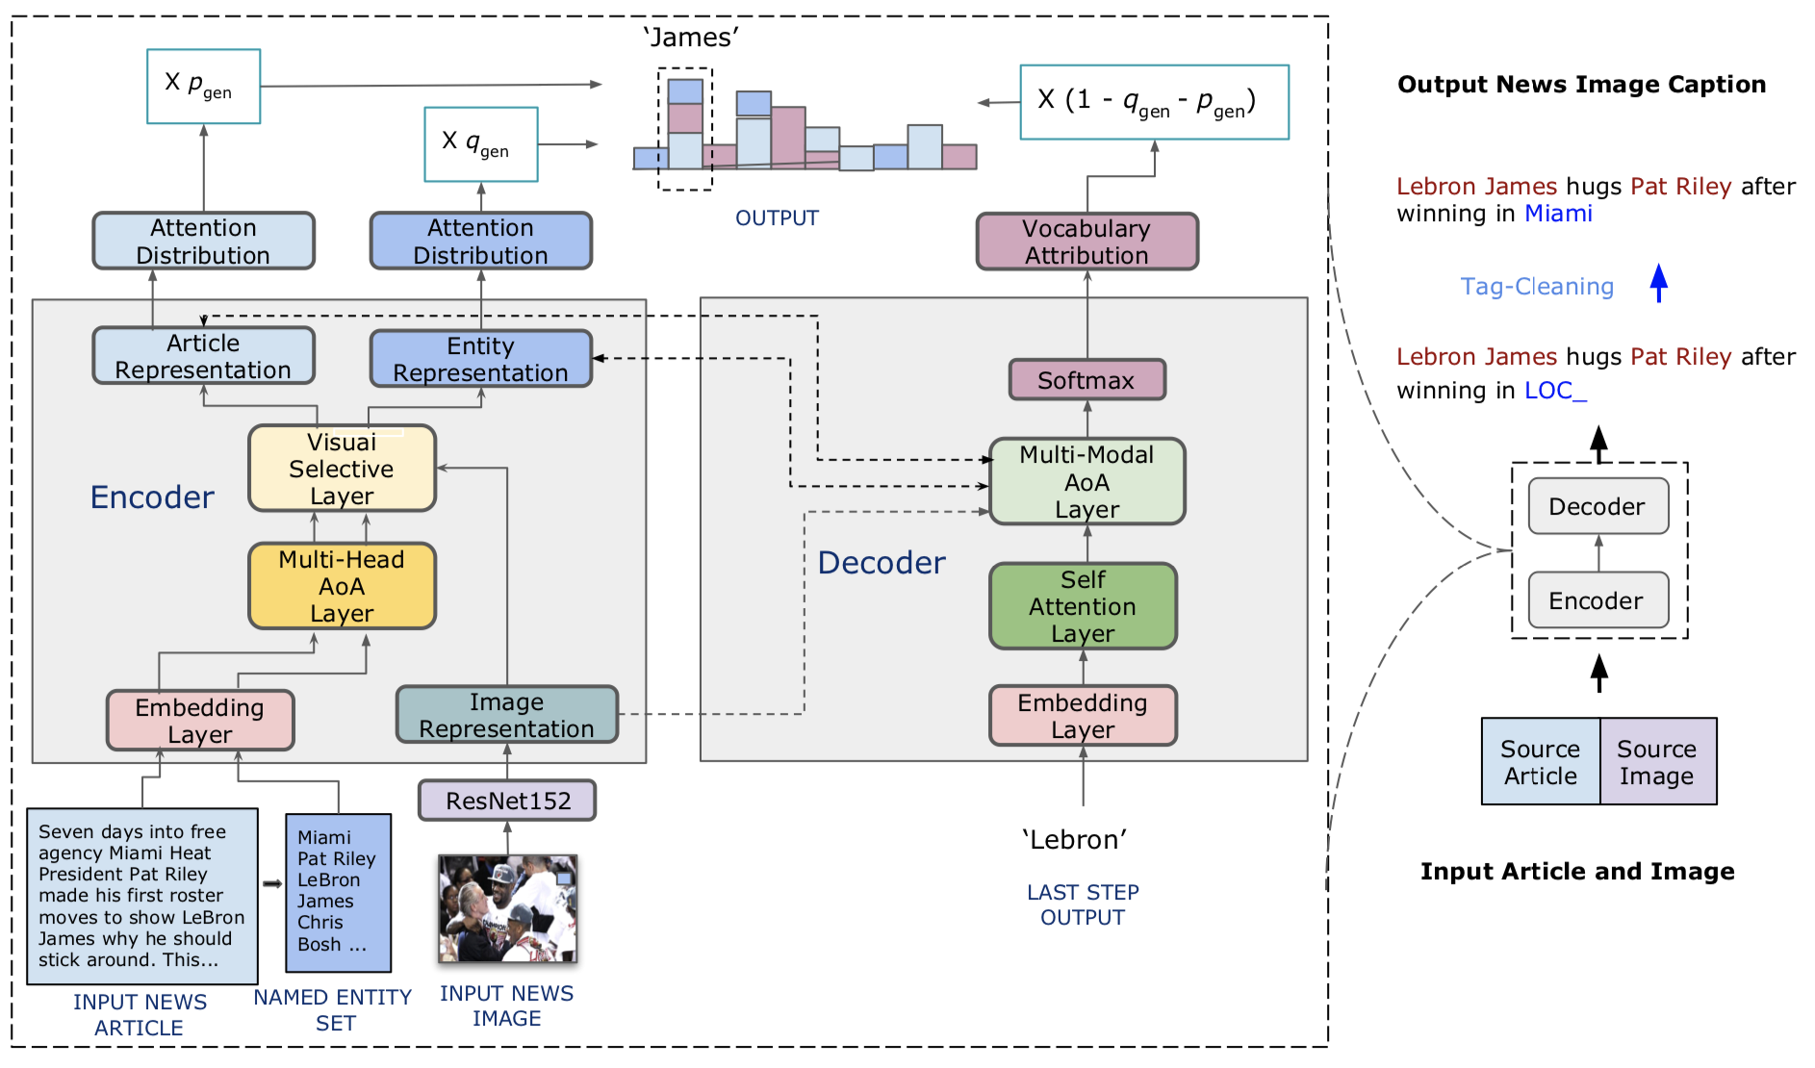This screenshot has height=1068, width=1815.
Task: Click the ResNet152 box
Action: click(507, 801)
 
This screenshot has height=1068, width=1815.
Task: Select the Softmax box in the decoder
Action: click(1086, 380)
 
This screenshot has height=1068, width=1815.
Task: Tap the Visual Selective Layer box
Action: click(342, 469)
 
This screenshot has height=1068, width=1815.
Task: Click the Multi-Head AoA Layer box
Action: click(342, 586)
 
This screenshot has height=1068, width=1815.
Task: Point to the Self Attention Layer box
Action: click(1083, 606)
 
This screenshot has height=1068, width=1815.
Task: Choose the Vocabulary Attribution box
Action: click(1086, 242)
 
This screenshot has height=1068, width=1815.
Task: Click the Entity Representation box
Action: click(480, 359)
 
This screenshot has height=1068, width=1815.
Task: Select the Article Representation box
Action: click(203, 356)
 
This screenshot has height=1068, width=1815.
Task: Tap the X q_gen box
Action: click(480, 144)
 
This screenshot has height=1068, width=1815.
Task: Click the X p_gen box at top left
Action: click(203, 87)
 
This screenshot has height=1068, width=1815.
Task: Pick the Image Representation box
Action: click(506, 715)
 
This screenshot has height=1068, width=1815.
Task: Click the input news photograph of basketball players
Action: click(507, 908)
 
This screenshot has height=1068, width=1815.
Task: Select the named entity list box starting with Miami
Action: click(338, 893)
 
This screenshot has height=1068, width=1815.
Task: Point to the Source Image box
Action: click(1657, 761)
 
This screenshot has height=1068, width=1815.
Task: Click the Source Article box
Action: click(1540, 761)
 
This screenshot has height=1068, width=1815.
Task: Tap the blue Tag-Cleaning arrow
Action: click(1658, 284)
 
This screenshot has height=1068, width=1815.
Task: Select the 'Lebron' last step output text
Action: click(1074, 839)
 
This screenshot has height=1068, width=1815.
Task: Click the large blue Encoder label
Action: click(152, 497)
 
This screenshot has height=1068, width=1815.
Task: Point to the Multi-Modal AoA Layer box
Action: click(1086, 482)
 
